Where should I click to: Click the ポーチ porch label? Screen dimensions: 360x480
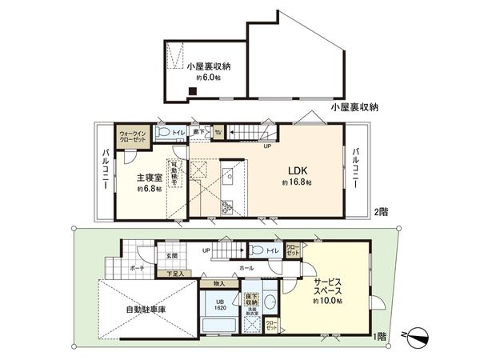click(x=136, y=269)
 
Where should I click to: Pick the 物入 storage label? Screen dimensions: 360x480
click(x=219, y=283)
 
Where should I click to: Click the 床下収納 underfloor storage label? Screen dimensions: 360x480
click(x=250, y=298)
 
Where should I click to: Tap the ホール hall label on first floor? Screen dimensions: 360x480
click(x=246, y=269)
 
